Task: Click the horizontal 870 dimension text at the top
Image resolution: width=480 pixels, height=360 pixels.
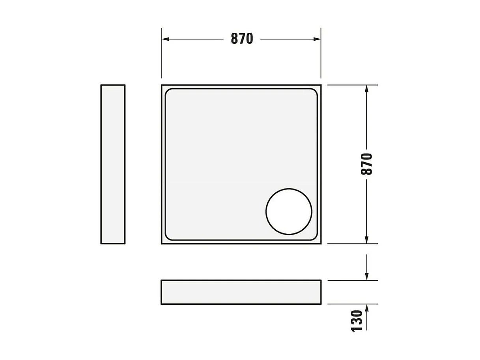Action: (x=241, y=39)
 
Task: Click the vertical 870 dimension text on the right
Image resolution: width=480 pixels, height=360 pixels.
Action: (x=366, y=164)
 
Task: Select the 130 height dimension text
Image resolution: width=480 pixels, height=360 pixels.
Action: (x=357, y=321)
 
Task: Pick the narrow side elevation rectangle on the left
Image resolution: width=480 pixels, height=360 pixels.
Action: (x=113, y=164)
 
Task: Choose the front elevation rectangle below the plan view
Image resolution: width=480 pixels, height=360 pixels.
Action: (x=241, y=292)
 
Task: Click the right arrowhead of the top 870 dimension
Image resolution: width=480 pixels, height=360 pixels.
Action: (x=317, y=39)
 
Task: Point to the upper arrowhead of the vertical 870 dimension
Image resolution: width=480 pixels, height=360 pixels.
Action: (x=367, y=89)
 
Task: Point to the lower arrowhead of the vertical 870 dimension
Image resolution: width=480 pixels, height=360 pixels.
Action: (x=367, y=240)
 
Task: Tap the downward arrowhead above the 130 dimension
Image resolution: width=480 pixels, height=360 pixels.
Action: (x=367, y=276)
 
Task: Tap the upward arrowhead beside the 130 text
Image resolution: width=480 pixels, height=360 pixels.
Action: (x=367, y=308)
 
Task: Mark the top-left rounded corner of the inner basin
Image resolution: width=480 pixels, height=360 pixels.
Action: (x=168, y=92)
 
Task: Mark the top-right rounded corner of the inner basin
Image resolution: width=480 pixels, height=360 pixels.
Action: (x=314, y=92)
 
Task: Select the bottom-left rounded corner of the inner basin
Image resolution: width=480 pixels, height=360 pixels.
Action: (x=168, y=237)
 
